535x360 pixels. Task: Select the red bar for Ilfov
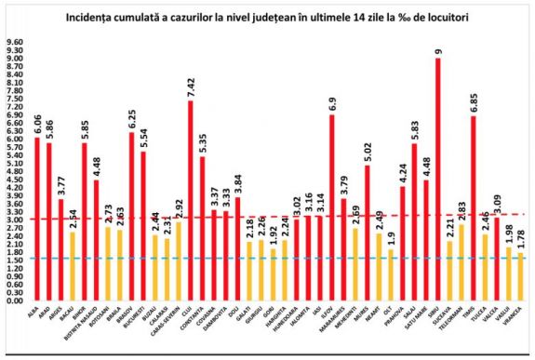[331, 208]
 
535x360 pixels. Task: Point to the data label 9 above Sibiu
[438, 51]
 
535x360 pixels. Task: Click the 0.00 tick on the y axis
[15, 301]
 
